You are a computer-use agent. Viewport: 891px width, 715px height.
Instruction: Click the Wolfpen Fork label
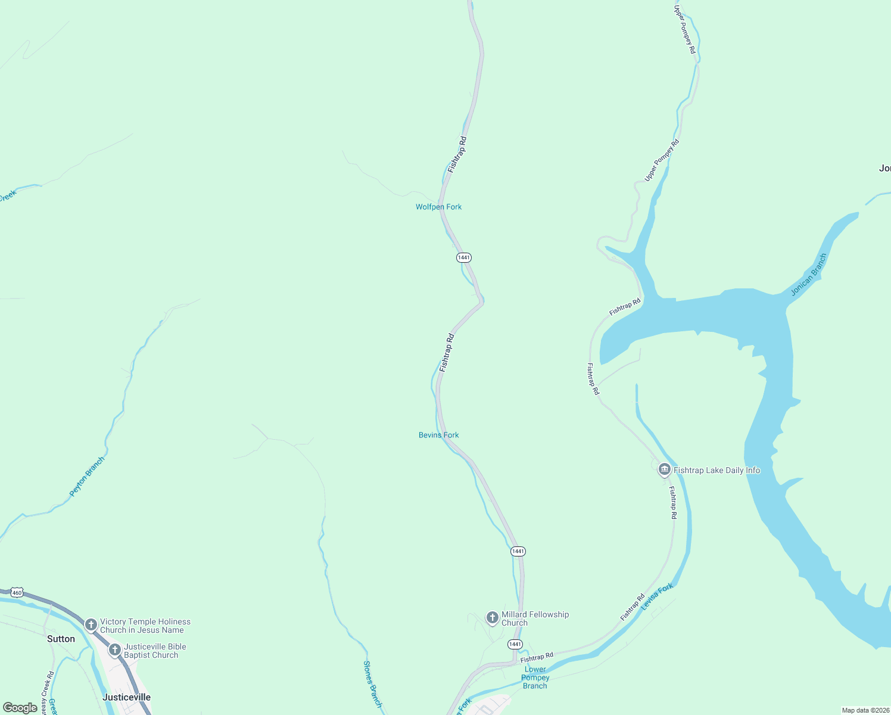[x=438, y=207]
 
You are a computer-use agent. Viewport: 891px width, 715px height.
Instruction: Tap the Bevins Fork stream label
[x=438, y=435]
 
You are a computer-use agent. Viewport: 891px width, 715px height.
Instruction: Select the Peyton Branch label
[x=87, y=476]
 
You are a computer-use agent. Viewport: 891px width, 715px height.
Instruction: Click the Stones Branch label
[x=372, y=683]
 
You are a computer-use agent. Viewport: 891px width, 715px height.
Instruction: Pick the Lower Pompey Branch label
[x=535, y=677]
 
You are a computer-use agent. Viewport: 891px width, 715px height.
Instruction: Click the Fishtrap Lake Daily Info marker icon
[x=665, y=470]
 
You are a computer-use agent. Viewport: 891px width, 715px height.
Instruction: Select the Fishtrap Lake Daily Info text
[x=716, y=470]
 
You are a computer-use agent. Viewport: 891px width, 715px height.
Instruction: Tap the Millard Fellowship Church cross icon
[x=492, y=617]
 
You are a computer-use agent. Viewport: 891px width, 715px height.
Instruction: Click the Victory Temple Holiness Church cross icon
[x=91, y=624]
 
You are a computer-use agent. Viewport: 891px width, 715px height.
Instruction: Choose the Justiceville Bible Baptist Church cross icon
[x=115, y=649]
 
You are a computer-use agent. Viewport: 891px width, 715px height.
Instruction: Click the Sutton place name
[x=61, y=639]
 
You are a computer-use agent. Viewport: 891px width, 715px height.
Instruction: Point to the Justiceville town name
[x=126, y=697]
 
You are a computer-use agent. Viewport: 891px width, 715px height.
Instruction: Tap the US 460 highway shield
[x=17, y=593]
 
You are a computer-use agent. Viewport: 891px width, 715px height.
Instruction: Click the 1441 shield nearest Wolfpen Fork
[x=464, y=257]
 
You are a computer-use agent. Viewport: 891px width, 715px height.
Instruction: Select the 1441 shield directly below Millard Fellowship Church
[x=515, y=644]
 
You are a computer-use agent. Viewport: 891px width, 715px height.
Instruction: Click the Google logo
[x=20, y=708]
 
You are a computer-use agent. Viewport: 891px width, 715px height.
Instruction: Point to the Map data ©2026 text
[x=865, y=710]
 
